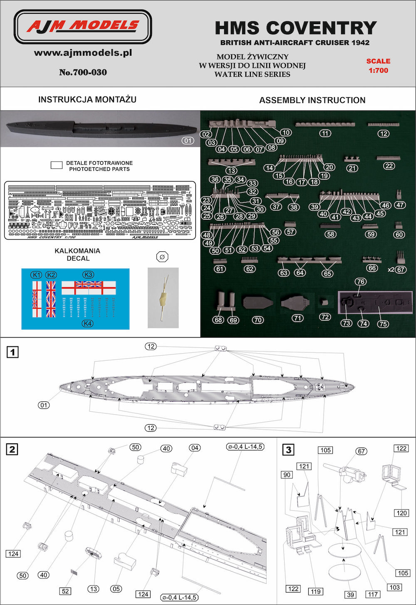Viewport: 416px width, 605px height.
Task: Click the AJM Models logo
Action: [83, 27]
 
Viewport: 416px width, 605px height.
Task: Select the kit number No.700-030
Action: [83, 72]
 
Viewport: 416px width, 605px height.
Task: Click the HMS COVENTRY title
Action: [295, 28]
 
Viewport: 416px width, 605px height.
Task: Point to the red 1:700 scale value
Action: [378, 70]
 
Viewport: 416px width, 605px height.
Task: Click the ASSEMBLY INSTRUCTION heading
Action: [312, 100]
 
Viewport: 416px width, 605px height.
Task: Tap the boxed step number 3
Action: [288, 449]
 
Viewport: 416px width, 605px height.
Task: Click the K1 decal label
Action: [37, 275]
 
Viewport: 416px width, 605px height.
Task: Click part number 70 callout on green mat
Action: [258, 320]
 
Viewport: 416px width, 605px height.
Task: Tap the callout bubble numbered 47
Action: [400, 205]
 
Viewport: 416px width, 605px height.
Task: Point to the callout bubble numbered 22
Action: [389, 166]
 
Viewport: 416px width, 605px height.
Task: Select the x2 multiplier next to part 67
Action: [391, 269]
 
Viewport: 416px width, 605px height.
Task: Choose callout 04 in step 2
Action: [194, 448]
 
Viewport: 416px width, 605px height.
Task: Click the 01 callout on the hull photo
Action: [188, 140]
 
